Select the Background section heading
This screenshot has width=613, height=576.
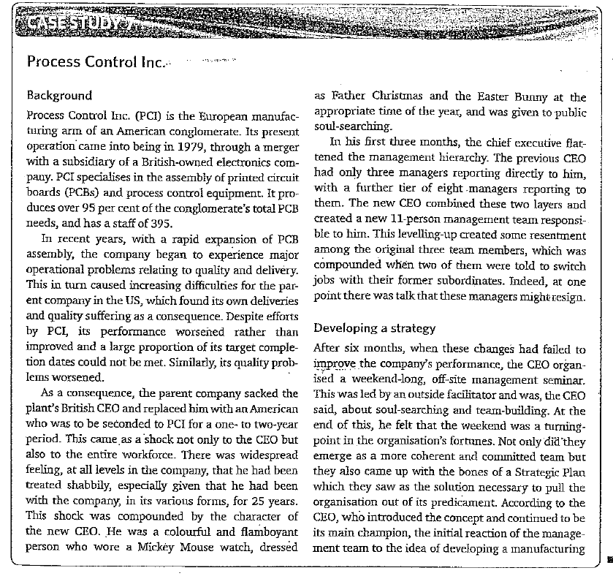point(59,96)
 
